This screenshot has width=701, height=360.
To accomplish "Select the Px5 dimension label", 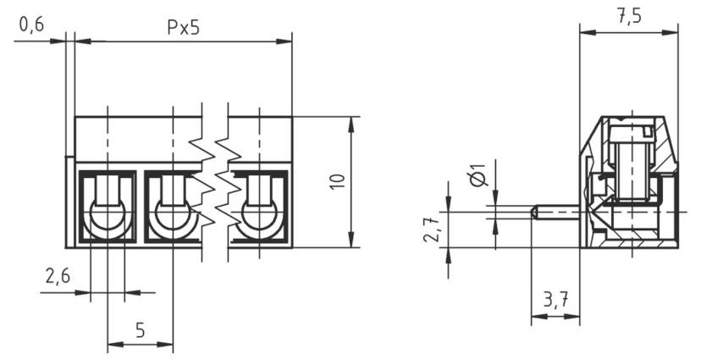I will pos(182,26).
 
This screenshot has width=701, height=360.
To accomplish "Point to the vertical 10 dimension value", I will pos(338,181).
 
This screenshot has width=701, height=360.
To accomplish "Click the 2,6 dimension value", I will pos(57,277).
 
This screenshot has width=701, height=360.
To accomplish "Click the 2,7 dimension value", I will pos(432,229).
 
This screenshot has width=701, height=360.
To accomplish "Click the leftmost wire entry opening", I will pos(108,216).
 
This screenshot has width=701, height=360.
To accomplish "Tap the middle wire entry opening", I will pos(173,216).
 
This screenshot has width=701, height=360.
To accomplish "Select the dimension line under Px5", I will pos(182,40).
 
